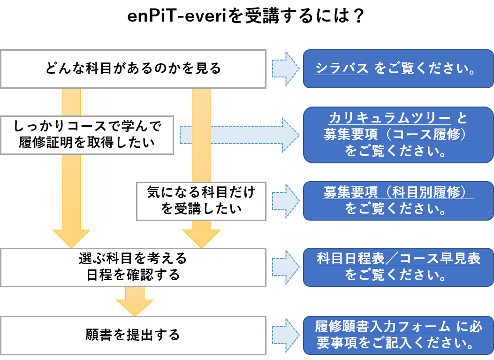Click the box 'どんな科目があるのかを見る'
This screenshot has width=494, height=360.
(x=133, y=69)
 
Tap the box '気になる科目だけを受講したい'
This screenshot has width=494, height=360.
(x=201, y=200)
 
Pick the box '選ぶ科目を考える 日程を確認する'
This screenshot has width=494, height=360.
(x=133, y=267)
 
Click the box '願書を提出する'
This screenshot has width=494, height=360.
(x=133, y=335)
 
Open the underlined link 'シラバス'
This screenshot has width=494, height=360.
(x=342, y=69)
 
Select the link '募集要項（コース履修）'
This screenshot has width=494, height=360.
(x=398, y=135)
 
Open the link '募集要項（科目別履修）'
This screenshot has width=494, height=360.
(x=398, y=192)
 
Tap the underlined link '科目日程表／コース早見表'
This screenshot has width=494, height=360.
(x=398, y=259)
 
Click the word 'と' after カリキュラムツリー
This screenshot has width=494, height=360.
(x=462, y=118)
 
